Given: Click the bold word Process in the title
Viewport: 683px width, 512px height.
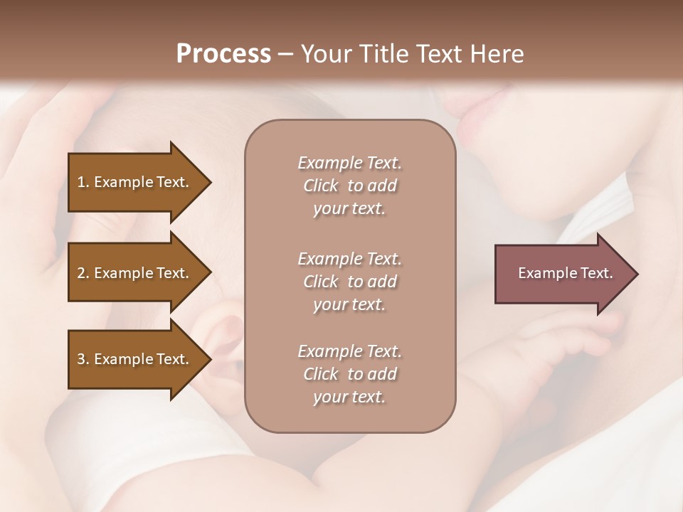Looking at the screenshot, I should click(223, 54).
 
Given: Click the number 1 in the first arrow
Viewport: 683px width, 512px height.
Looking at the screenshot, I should click(80, 182).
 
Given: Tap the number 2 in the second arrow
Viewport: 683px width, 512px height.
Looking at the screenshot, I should click(80, 273).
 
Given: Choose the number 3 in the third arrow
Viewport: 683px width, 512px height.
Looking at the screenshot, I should click(80, 359).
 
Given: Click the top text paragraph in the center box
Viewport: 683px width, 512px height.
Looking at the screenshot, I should click(349, 186).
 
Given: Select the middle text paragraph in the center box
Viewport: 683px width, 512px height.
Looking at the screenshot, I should click(349, 282).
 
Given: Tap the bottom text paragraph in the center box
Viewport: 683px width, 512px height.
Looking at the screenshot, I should click(349, 374).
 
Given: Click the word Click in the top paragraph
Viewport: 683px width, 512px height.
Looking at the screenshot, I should click(320, 186).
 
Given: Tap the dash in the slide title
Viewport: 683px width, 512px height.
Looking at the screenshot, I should click(285, 54).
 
